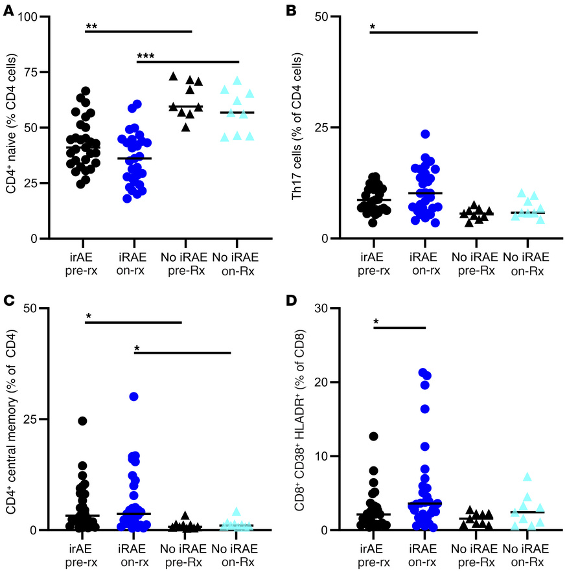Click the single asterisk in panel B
coord(373,27)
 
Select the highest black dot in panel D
coord(373,437)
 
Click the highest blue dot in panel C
coord(134,396)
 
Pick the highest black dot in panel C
coord(83,421)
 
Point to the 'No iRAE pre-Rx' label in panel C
coord(184,551)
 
